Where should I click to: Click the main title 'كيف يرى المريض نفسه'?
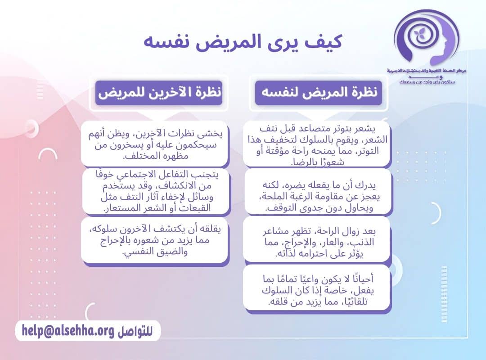(x=243, y=41)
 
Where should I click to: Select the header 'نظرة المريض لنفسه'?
(x=319, y=93)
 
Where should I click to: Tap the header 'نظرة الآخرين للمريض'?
(x=159, y=93)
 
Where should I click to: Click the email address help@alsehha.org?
(x=67, y=331)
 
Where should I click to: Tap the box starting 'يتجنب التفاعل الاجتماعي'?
(x=155, y=192)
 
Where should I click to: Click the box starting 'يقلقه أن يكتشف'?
(x=155, y=240)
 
